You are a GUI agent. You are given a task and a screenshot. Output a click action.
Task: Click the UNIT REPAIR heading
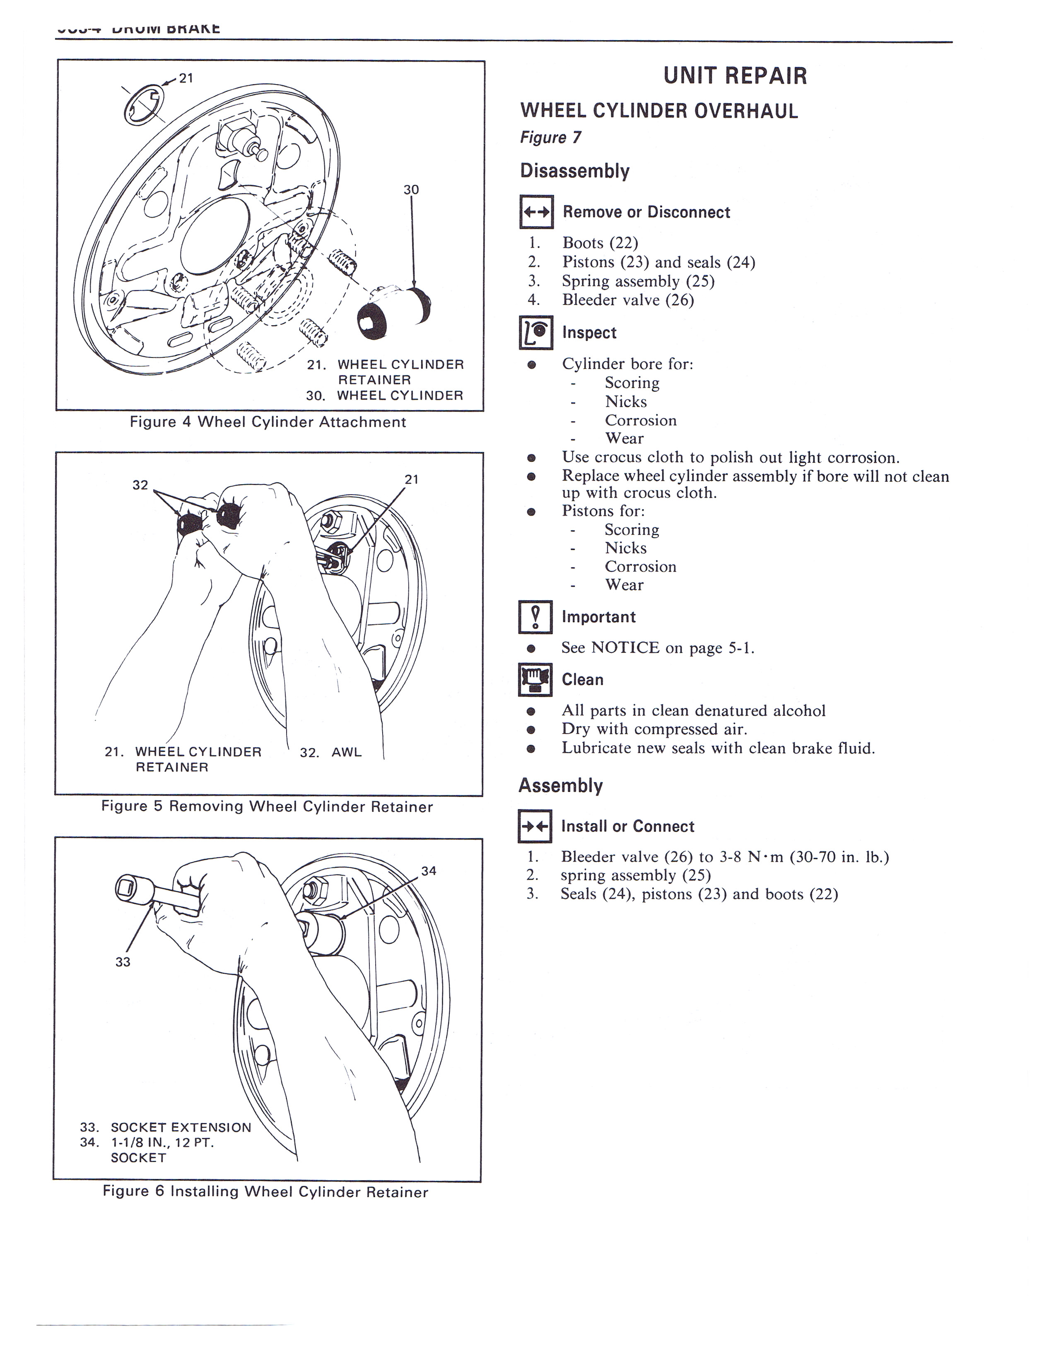tap(735, 76)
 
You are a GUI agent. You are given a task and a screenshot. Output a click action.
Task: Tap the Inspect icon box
tap(536, 332)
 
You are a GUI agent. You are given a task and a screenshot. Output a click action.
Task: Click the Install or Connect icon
tap(535, 826)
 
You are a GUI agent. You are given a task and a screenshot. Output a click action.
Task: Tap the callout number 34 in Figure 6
tap(429, 871)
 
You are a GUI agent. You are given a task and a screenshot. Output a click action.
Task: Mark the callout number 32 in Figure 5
tap(140, 485)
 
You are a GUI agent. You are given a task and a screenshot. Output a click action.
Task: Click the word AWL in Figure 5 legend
tap(347, 752)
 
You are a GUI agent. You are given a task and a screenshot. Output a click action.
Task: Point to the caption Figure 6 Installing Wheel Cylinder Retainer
tap(265, 1192)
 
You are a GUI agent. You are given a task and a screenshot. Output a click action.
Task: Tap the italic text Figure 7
tap(550, 138)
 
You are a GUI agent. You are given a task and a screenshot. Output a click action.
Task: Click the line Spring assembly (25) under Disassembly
tap(638, 281)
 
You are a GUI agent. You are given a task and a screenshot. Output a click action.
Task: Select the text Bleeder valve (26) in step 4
tap(628, 300)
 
